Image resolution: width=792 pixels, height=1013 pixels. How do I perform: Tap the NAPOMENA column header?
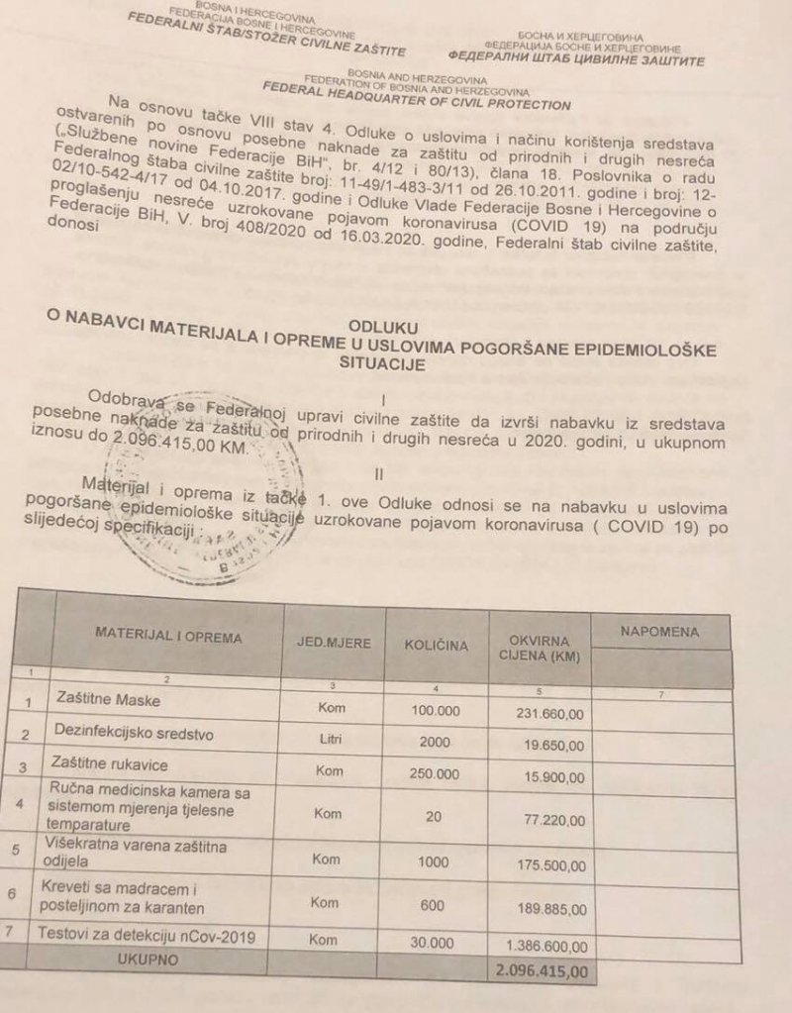click(x=659, y=632)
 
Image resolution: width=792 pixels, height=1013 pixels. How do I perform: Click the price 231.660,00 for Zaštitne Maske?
click(x=549, y=712)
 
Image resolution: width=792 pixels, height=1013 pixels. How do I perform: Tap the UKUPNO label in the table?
click(x=146, y=960)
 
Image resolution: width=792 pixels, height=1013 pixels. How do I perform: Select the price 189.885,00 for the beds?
click(x=549, y=907)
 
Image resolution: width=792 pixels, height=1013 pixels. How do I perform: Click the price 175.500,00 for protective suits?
click(x=549, y=864)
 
